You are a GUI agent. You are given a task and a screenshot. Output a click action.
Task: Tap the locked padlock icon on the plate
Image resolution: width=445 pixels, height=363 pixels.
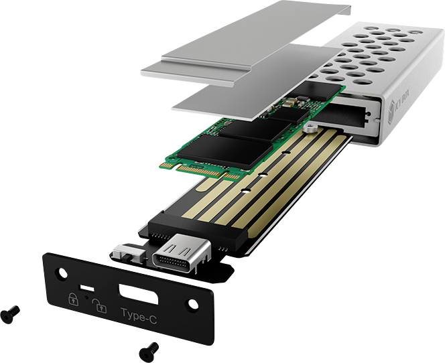coord(72,299)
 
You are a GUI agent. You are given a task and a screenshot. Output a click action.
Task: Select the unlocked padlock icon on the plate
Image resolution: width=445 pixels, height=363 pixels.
coord(99,305)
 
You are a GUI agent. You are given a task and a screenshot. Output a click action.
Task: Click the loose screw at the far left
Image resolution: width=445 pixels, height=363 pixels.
coord(10,311)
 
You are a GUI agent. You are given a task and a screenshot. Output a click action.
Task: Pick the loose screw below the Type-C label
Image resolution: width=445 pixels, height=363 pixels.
coord(149,349)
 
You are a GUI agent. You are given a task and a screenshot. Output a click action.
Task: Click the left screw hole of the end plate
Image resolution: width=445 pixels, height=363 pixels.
coord(62,273)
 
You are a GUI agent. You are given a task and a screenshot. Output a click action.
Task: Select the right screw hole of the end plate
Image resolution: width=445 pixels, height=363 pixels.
coord(192,303)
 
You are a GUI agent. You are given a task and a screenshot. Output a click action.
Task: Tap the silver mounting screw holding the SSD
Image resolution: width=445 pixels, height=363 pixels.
coord(310,125)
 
